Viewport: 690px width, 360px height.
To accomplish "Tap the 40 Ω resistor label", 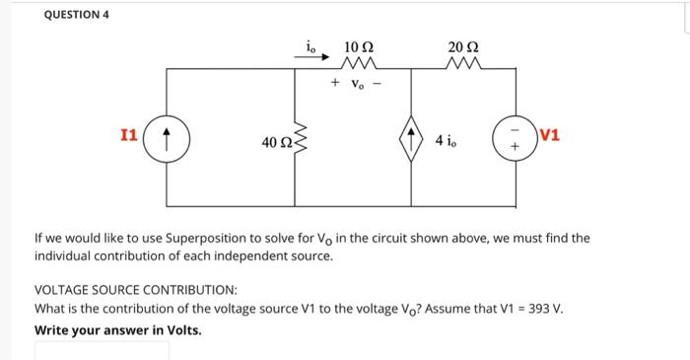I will coord(275,144).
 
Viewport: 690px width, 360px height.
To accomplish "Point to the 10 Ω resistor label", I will coord(358,46).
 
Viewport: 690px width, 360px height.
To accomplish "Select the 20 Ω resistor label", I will coord(458,46).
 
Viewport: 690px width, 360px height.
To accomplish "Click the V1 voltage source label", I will coord(550,134).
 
